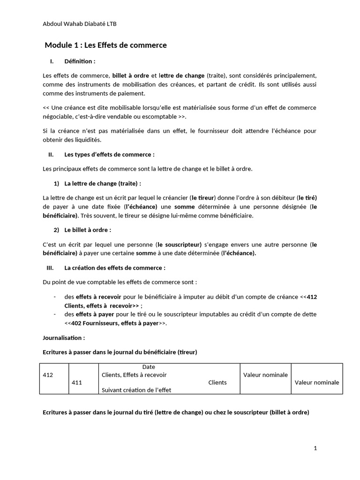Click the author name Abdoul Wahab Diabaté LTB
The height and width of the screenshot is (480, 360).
click(x=80, y=24)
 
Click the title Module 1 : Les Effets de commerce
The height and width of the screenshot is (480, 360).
click(x=105, y=45)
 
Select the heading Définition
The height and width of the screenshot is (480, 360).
click(x=80, y=61)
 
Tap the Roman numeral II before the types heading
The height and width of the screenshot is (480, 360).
click(x=51, y=154)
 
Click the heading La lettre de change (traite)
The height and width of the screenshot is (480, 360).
click(x=102, y=183)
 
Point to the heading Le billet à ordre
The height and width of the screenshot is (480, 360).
click(x=87, y=230)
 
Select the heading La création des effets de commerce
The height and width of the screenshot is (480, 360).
click(x=114, y=268)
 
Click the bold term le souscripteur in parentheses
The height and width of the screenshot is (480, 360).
click(x=179, y=244)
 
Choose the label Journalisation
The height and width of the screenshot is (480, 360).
click(x=64, y=337)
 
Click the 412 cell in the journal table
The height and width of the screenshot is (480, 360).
click(x=48, y=375)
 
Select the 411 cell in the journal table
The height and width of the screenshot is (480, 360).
click(x=77, y=382)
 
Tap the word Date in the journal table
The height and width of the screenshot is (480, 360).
click(x=149, y=367)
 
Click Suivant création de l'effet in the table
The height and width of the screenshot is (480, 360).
click(x=131, y=390)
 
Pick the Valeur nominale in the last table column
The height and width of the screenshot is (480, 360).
click(x=317, y=382)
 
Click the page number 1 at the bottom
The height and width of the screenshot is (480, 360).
click(x=315, y=448)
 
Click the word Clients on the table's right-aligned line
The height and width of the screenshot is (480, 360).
click(x=217, y=382)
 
